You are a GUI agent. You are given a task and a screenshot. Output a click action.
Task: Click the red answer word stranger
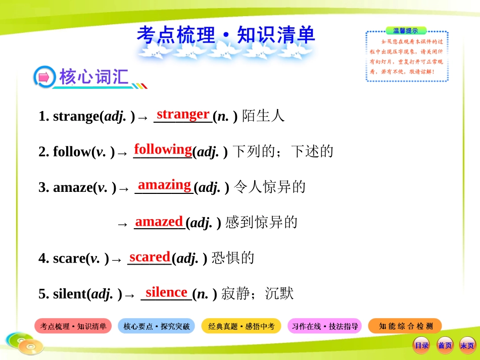183,114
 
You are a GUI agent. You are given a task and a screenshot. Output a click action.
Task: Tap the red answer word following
163,149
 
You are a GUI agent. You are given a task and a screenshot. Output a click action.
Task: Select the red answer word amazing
164,185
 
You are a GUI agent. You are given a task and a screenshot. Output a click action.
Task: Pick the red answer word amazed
159,221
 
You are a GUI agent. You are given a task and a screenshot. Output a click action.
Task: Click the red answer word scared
150,257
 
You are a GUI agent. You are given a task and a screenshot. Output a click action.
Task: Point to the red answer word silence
166,292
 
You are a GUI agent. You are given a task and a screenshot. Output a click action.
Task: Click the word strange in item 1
76,117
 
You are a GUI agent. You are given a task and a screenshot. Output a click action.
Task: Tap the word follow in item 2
72,152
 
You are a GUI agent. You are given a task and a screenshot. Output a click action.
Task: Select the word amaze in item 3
73,188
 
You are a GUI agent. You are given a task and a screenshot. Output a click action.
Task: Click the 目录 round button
421,345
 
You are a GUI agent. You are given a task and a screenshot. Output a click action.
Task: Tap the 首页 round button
445,345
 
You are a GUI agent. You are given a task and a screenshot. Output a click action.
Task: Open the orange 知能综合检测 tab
405,326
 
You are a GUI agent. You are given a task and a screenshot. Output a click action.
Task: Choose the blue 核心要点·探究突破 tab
157,326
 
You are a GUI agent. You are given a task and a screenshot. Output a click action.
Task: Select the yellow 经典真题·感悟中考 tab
242,326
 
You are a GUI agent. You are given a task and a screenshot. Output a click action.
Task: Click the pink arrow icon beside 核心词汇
44,77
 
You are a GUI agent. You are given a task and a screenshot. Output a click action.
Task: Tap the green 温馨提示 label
406,31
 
